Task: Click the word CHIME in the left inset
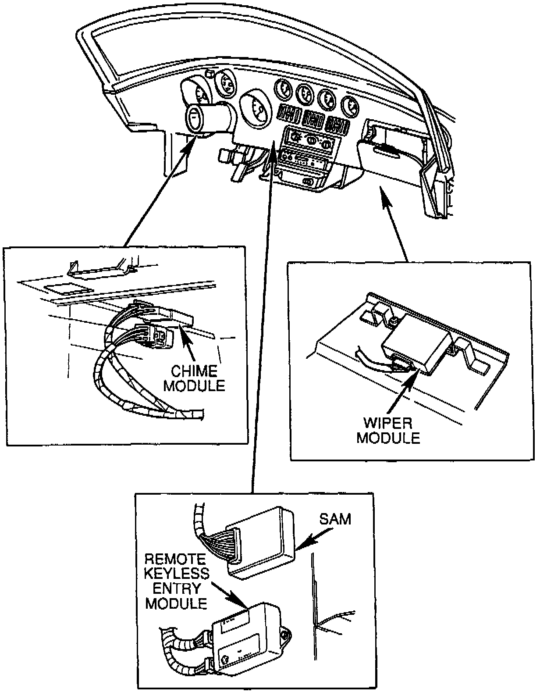click(x=194, y=371)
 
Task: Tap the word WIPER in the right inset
click(x=388, y=423)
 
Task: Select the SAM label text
click(x=335, y=519)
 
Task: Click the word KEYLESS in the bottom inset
click(x=177, y=573)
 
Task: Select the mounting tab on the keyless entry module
click(x=285, y=634)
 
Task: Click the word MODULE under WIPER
click(x=388, y=438)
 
